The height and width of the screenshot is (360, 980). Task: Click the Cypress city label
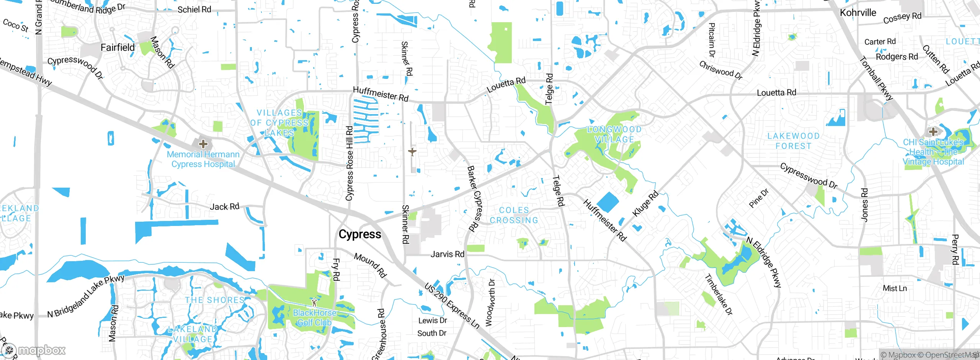tap(360, 234)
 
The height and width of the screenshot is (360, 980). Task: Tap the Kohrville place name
tap(858, 13)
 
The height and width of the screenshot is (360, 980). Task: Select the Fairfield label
tap(118, 47)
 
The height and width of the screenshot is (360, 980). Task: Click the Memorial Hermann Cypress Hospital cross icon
tap(203, 144)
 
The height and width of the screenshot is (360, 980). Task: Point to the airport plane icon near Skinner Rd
tap(412, 152)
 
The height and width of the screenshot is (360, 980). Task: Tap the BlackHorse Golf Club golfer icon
tap(314, 302)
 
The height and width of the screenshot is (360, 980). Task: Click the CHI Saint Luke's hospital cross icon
tap(933, 132)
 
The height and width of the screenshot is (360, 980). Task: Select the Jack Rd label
tap(224, 207)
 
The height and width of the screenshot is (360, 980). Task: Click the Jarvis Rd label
tap(447, 254)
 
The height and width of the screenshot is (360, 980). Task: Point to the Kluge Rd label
tap(645, 203)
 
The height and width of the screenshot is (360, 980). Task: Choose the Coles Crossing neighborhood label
tap(514, 215)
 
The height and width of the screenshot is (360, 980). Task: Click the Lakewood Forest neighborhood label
tap(793, 141)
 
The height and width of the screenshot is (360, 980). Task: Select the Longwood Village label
tap(614, 134)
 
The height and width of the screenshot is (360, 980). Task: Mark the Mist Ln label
tap(895, 288)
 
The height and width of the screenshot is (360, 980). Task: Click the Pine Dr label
tap(758, 198)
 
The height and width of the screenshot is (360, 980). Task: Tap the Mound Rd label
tap(370, 265)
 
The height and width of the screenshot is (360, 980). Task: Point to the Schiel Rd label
tap(194, 10)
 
